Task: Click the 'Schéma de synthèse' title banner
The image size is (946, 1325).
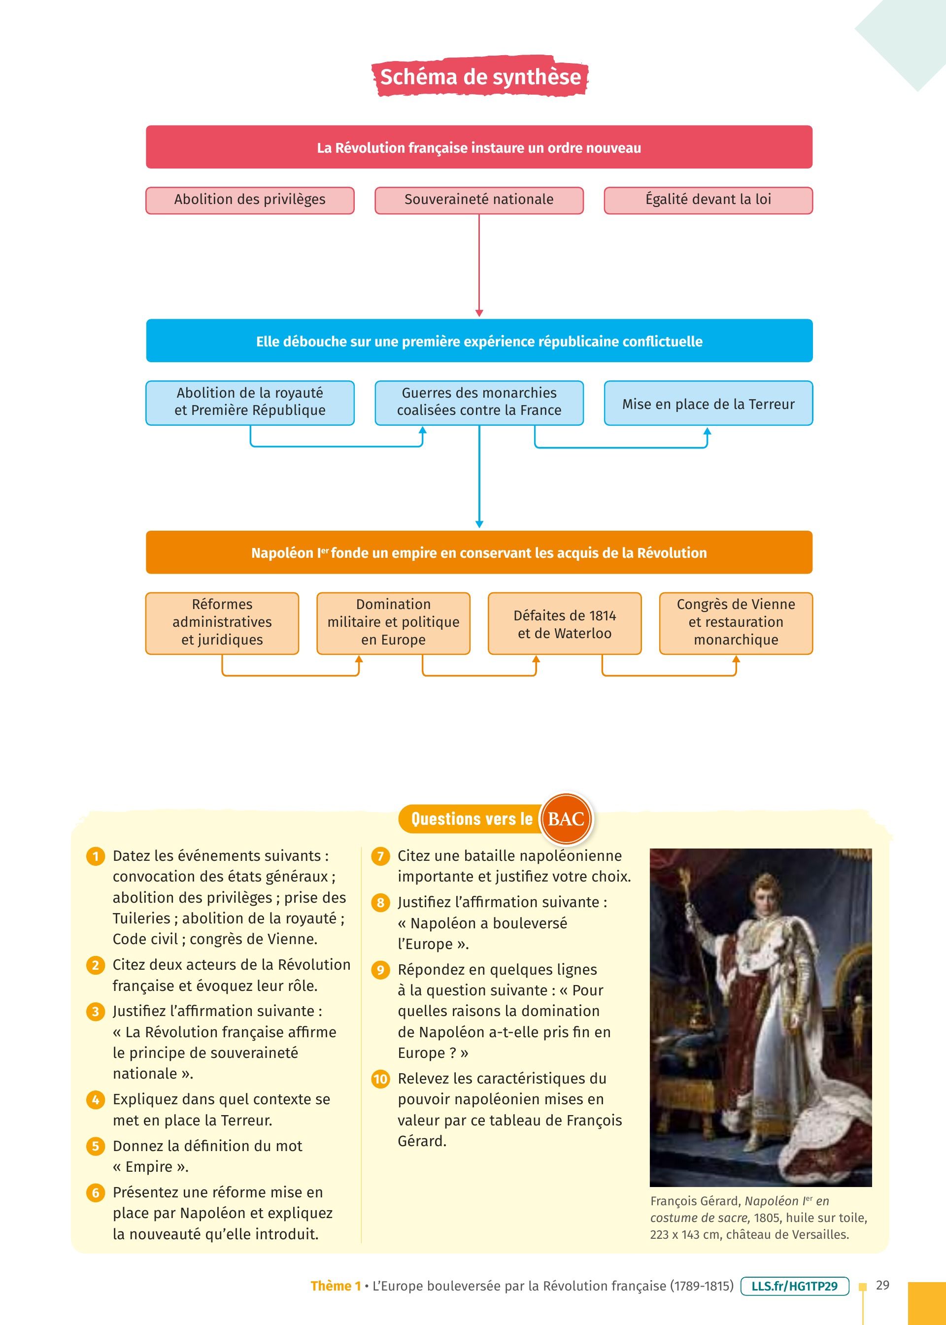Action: [x=480, y=77]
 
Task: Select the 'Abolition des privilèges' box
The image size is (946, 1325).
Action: [x=250, y=200]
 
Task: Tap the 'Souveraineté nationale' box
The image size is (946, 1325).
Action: [x=479, y=200]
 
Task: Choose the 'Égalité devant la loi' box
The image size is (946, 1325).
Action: [x=708, y=200]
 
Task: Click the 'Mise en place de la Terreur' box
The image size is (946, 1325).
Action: [x=708, y=404]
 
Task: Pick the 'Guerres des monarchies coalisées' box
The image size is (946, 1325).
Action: [x=479, y=402]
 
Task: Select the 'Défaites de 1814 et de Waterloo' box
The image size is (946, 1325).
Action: [x=565, y=624]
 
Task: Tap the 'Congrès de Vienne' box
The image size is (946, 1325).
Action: [x=736, y=623]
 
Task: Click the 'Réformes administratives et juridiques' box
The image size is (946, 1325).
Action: [x=222, y=623]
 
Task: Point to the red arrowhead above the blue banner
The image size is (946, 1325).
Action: [x=479, y=313]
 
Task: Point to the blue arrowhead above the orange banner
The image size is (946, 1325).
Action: [x=479, y=524]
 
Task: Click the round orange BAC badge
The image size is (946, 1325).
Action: [x=566, y=819]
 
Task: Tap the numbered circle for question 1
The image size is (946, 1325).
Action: [x=96, y=857]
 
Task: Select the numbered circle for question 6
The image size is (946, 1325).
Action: [x=96, y=1193]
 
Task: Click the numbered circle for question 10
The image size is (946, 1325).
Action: [x=380, y=1079]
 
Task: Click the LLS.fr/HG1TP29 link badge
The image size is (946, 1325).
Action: [x=795, y=1286]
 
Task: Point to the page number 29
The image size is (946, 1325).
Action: [x=882, y=1285]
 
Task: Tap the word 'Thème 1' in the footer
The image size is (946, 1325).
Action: [x=335, y=1286]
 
